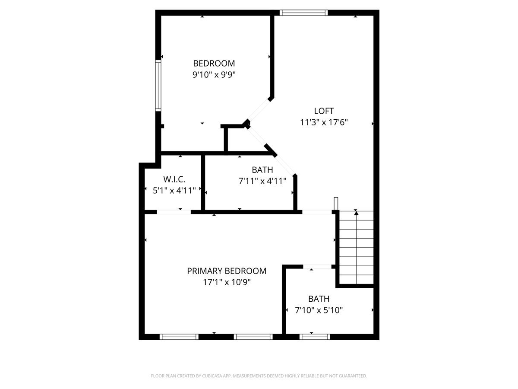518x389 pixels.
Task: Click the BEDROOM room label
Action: [214, 63]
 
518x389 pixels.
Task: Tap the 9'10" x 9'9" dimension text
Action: [214, 74]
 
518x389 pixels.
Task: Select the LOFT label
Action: [324, 111]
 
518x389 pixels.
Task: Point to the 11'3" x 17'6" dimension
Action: [324, 122]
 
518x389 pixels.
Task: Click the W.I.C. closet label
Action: [174, 179]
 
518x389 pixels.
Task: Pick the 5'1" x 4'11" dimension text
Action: [174, 190]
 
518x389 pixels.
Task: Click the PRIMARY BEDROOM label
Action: [227, 271]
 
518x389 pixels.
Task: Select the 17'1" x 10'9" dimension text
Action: [227, 282]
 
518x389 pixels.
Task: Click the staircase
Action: [356, 249]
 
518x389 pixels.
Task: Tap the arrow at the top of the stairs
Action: [356, 213]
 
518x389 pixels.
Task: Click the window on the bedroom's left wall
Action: [158, 85]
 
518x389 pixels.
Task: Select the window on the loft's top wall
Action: [303, 13]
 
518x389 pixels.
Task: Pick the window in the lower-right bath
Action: [315, 336]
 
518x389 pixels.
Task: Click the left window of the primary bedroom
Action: [179, 336]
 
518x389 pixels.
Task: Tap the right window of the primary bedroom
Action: [253, 336]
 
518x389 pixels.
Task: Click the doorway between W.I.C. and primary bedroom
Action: [174, 212]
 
